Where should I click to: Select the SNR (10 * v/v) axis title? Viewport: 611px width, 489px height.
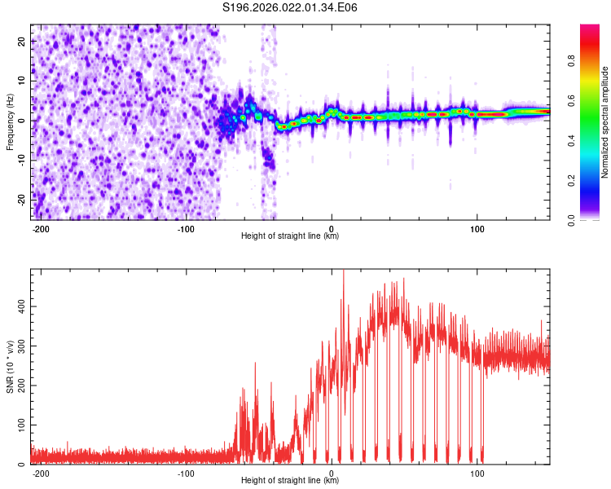click(x=11, y=367)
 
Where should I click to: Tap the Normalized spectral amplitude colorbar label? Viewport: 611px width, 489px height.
click(x=604, y=122)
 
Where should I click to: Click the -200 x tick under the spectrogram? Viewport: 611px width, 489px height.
click(x=41, y=228)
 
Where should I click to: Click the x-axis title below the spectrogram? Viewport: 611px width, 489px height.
click(x=290, y=236)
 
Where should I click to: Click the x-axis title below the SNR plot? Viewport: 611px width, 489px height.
click(x=290, y=481)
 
